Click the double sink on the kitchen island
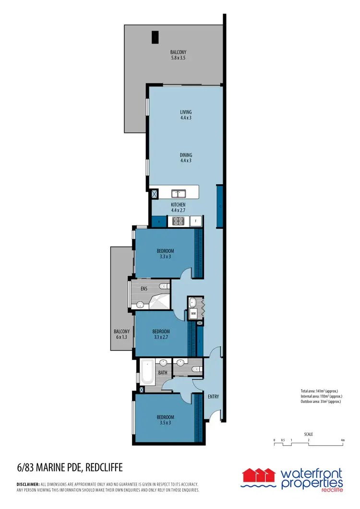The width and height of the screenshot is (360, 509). [179, 193]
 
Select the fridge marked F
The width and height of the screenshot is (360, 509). [195, 221]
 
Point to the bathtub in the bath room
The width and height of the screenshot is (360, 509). [147, 372]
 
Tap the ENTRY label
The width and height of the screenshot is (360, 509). [213, 396]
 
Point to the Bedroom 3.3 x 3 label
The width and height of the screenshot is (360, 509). [165, 253]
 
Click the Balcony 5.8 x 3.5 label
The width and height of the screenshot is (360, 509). [178, 55]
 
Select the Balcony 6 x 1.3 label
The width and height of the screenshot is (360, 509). [121, 334]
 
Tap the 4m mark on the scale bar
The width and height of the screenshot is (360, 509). [342, 440]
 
